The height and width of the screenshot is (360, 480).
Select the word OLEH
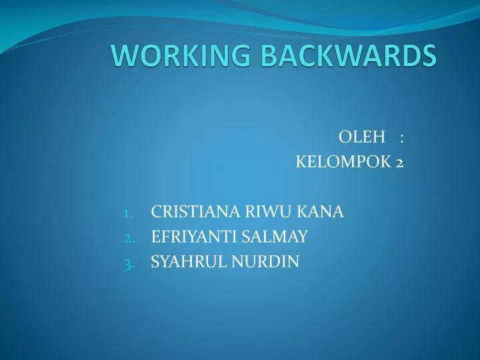tap(363, 137)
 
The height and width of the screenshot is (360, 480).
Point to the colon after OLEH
tap(402, 138)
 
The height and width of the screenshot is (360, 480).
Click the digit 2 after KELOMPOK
tap(399, 162)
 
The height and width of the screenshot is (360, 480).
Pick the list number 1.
tap(128, 213)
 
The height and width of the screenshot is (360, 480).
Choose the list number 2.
tap(129, 237)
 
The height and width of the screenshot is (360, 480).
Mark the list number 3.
tap(129, 263)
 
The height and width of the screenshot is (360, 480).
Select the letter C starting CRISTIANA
tap(156, 213)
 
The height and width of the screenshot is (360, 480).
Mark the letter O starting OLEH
tap(345, 137)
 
